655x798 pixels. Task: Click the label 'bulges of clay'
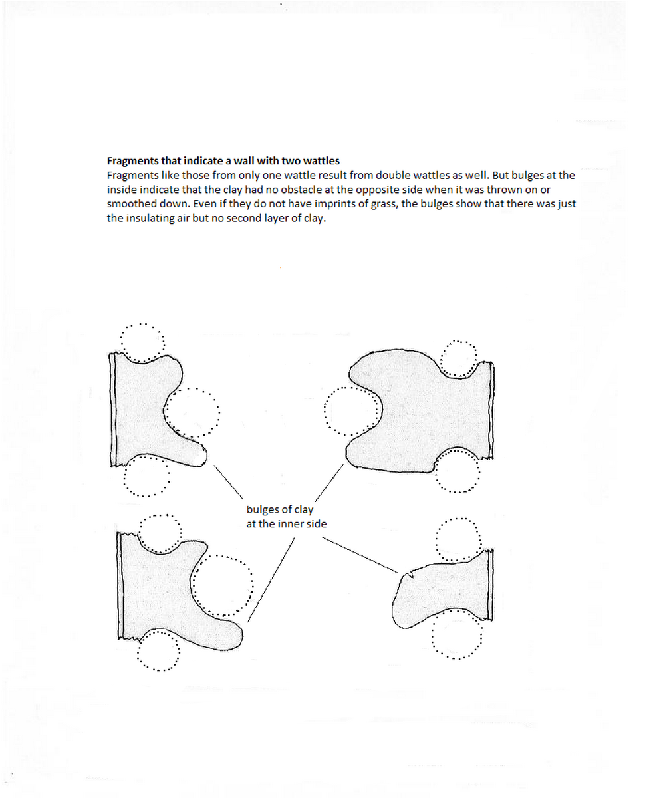pyautogui.click(x=279, y=510)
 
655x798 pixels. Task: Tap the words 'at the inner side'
pyautogui.click(x=286, y=524)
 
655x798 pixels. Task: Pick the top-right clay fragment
pyautogui.click(x=426, y=412)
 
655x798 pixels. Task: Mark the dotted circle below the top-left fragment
pyautogui.click(x=146, y=476)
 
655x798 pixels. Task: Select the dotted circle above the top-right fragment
pyautogui.click(x=459, y=360)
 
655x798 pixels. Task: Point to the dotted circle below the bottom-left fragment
pyautogui.click(x=158, y=650)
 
